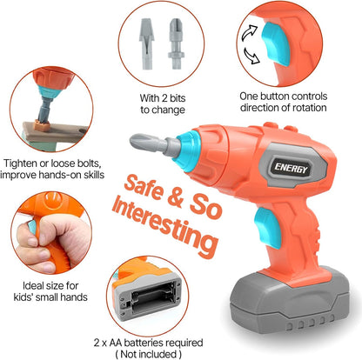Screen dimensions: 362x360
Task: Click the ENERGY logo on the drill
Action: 291,168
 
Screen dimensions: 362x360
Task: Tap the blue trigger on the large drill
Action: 268,228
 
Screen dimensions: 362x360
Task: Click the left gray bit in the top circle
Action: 146,43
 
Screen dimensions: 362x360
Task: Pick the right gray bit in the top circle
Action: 176,43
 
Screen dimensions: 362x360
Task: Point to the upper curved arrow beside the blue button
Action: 250,33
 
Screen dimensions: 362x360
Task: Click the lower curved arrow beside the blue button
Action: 251,56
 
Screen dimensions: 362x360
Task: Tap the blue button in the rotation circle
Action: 276,44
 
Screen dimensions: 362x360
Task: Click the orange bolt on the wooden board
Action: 42,125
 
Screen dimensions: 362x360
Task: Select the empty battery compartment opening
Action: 153,298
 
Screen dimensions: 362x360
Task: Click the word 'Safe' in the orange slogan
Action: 144,186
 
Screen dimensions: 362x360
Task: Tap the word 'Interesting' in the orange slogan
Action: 164,224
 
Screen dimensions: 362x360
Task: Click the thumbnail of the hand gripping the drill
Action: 51,233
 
